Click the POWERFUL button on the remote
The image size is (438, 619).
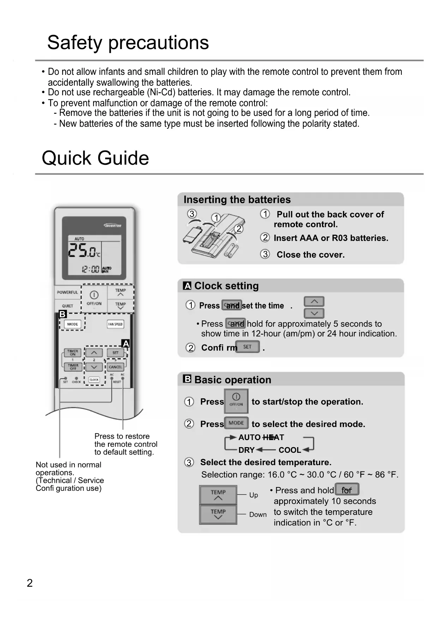click(67, 292)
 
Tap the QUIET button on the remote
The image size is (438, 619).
click(67, 306)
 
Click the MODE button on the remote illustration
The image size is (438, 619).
click(72, 324)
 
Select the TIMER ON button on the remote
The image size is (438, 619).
click(73, 353)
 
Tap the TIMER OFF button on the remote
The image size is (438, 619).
click(73, 367)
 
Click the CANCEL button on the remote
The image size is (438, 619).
click(115, 367)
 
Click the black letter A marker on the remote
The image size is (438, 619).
click(126, 343)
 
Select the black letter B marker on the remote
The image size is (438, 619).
click(63, 314)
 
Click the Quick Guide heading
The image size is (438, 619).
click(95, 158)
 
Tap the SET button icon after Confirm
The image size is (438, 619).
click(247, 347)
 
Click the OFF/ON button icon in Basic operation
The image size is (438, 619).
click(236, 401)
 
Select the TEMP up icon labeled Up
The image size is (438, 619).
click(218, 495)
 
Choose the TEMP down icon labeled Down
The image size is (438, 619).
click(218, 514)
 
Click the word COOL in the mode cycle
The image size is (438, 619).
click(290, 450)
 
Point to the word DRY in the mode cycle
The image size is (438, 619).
click(246, 450)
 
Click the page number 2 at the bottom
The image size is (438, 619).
click(30, 583)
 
